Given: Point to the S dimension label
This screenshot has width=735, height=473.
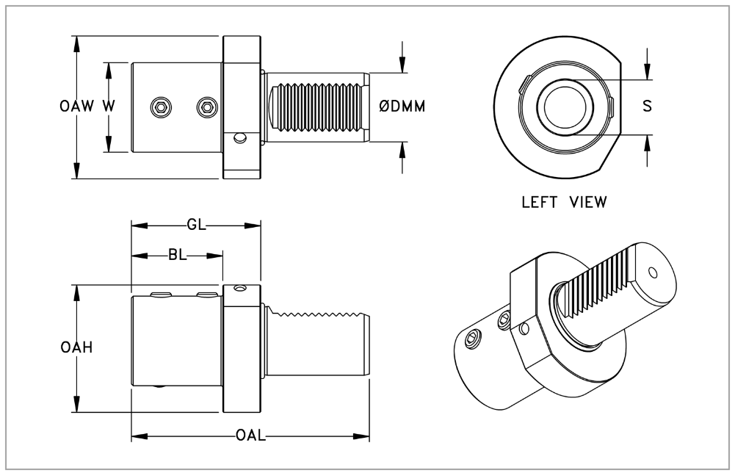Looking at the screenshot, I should point(647,106).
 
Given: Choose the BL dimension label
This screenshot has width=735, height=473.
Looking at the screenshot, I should point(176,256).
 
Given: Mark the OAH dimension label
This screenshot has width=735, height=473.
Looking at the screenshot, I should point(76,349).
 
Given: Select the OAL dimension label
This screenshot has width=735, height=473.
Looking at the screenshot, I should point(250,436).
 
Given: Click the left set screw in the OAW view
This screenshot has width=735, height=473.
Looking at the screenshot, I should point(161,107).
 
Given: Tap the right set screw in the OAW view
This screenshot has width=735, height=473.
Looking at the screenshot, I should point(208,107).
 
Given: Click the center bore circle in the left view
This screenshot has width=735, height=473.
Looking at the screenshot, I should point(564,107).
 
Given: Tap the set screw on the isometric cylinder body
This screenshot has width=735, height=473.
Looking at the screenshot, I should point(474,339).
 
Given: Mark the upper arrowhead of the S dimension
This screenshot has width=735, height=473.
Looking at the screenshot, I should point(647,74).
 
